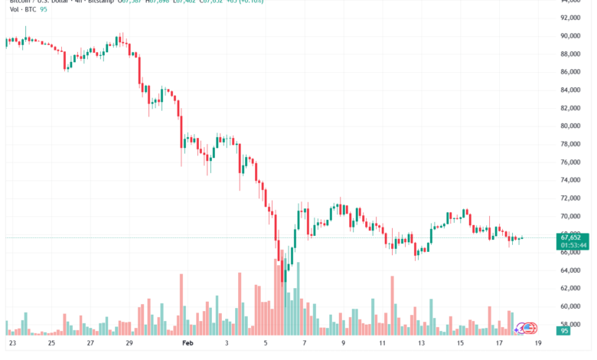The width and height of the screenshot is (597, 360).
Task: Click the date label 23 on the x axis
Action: tap(11, 344)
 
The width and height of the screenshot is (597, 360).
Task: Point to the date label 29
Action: tap(130, 344)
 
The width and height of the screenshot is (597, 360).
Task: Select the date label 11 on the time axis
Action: tap(382, 344)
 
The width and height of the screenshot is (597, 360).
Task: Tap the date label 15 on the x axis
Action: tap(460, 344)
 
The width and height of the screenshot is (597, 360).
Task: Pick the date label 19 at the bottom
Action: tap(538, 344)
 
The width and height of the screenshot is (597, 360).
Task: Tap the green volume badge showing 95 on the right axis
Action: tap(566, 332)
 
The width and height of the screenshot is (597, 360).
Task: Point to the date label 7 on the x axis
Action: tap(304, 344)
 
